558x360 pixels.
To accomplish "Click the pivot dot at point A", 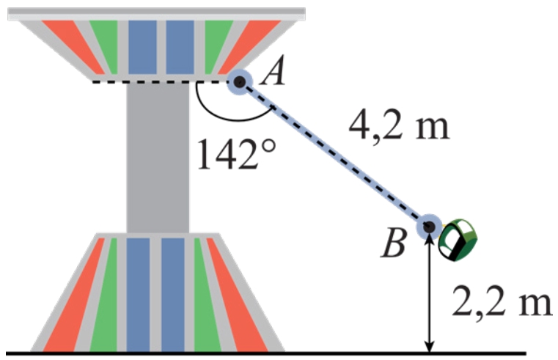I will (239, 81).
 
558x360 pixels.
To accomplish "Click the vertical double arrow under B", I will (430, 293).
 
